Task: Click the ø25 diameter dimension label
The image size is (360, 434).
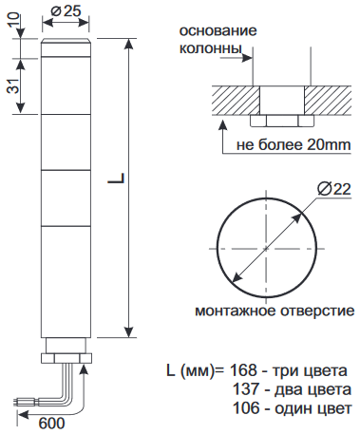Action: pyautogui.click(x=66, y=11)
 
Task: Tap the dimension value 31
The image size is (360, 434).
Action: pyautogui.click(x=13, y=85)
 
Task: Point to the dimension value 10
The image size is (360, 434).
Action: pyautogui.click(x=13, y=20)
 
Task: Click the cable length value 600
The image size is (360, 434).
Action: pyautogui.click(x=52, y=424)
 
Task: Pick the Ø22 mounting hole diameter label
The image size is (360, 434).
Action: pyautogui.click(x=334, y=189)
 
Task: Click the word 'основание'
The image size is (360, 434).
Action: pyautogui.click(x=218, y=31)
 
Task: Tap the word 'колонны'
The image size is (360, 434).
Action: pyautogui.click(x=211, y=48)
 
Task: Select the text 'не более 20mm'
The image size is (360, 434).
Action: pyautogui.click(x=294, y=144)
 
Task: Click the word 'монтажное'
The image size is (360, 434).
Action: pyautogui.click(x=236, y=311)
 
